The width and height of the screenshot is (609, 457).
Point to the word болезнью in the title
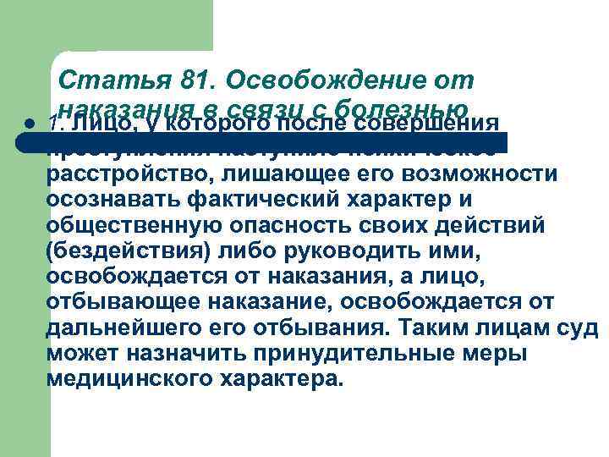click(x=401, y=109)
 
